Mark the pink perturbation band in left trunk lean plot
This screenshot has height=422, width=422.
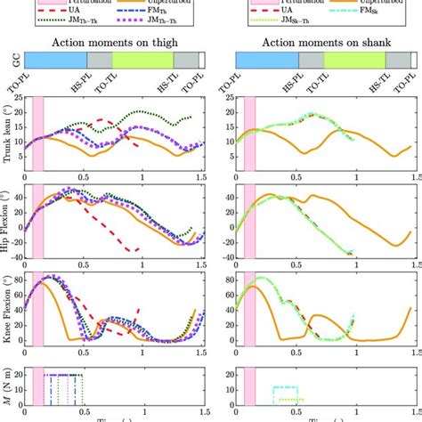click(x=37, y=134)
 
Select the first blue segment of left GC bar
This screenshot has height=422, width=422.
click(x=54, y=61)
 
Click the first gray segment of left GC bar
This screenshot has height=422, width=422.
click(x=100, y=61)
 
